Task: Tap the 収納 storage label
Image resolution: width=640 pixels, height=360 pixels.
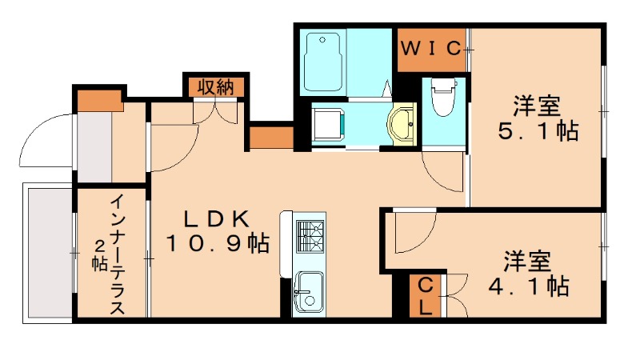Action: point(216,86)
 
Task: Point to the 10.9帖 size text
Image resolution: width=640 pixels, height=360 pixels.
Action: point(217,242)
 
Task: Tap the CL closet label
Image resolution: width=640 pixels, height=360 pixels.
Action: point(424,295)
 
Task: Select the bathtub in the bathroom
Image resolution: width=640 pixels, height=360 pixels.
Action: point(324,60)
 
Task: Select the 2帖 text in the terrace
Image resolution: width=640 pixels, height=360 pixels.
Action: point(99,254)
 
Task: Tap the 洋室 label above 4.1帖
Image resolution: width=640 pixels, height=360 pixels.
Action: point(527,260)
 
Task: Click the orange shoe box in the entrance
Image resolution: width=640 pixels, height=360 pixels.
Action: point(98,98)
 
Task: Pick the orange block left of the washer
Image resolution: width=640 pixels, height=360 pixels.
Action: point(271,137)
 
